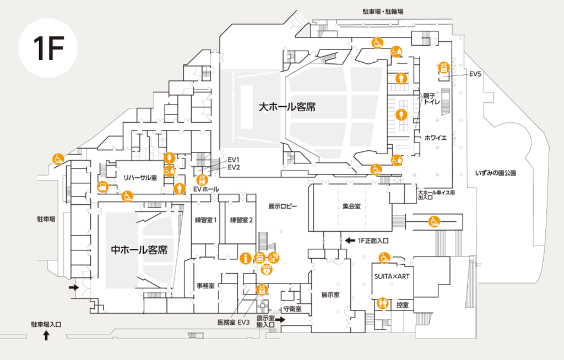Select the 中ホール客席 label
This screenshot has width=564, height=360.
pyautogui.click(x=139, y=250)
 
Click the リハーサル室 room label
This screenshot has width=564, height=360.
pyautogui.click(x=140, y=177)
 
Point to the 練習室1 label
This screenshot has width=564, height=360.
pyautogui.click(x=205, y=220)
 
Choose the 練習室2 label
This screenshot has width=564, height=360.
pyautogui.click(x=241, y=220)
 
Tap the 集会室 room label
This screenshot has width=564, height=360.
pyautogui.click(x=351, y=206)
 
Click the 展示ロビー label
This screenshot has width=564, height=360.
pyautogui.click(x=283, y=206)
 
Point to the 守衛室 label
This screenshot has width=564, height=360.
pyautogui.click(x=292, y=309)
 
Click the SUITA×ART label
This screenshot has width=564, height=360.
pyautogui.click(x=392, y=276)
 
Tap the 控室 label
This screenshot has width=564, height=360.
pyautogui.click(x=402, y=304)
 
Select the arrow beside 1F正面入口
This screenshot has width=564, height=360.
pyautogui.click(x=349, y=241)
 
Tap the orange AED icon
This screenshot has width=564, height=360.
pyautogui.click(x=267, y=269)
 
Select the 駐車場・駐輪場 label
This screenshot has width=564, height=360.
pyautogui.click(x=383, y=11)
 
